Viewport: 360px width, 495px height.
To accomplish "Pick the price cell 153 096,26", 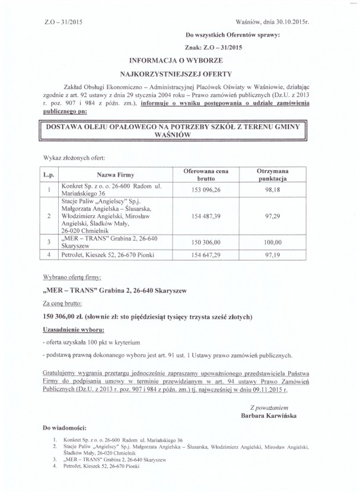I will click(205, 190).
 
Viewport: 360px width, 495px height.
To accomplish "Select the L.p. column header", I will click(49, 174).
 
